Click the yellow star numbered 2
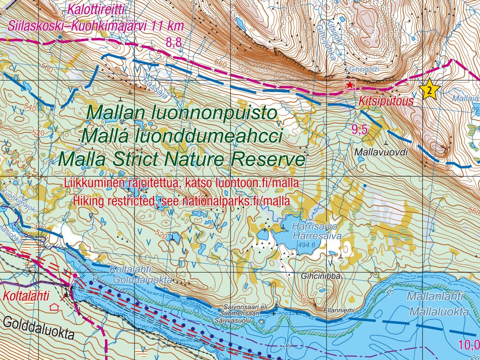pyautogui.click(x=430, y=89)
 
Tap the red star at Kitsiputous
pyautogui.click(x=350, y=85)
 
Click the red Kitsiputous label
pyautogui.click(x=379, y=102)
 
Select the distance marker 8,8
pyautogui.click(x=174, y=43)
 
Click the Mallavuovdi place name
pyautogui.click(x=382, y=152)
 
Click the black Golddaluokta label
pyautogui.click(x=38, y=328)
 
